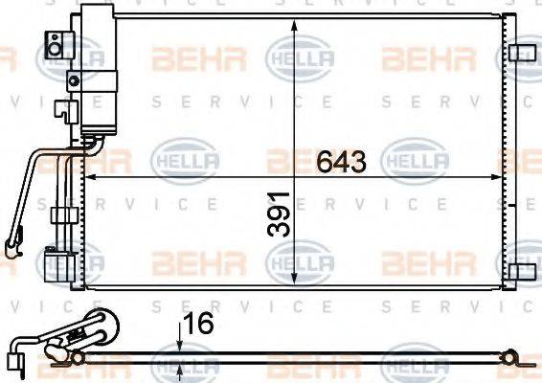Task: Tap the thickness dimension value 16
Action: coord(198,325)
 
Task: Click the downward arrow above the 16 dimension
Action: coord(181,346)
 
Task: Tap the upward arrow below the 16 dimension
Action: coord(181,370)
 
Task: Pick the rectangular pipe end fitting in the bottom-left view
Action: coord(13,359)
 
